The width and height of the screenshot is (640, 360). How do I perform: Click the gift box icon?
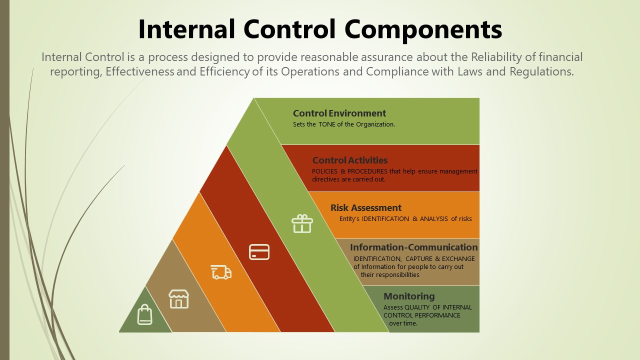click(302, 223)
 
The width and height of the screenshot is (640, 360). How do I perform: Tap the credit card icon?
click(259, 252)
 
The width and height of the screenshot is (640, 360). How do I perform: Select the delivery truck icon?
click(221, 272)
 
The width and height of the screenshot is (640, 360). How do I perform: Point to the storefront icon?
click(179, 299)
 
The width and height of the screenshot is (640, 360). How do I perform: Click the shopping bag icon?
click(145, 314)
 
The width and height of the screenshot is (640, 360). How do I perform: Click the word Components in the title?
click(423, 29)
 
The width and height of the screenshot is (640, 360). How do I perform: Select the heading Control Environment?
click(339, 113)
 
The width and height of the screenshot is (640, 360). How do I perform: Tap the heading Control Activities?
click(350, 160)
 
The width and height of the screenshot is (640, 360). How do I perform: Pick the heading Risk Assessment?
click(366, 207)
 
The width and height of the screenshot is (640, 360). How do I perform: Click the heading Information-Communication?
click(413, 247)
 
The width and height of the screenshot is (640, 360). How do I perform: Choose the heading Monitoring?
click(409, 296)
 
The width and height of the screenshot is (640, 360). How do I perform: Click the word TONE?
click(327, 124)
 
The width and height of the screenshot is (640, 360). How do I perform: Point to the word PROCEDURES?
click(367, 171)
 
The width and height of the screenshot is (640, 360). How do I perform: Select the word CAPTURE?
click(419, 259)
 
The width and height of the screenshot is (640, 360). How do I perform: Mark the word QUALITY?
click(417, 307)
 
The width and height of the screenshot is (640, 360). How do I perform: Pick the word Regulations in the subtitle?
click(541, 71)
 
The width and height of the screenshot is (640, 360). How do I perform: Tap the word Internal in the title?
click(186, 29)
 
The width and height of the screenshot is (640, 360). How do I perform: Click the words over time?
click(403, 323)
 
